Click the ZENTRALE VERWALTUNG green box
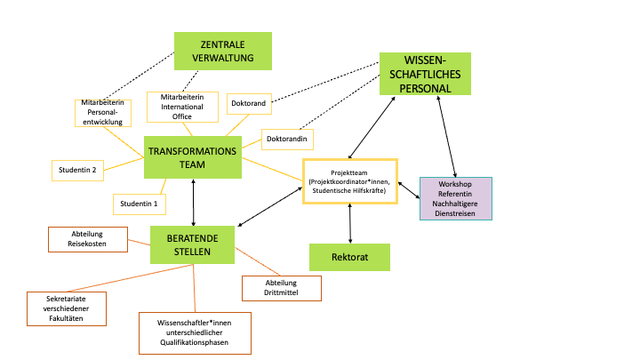(x=222, y=51)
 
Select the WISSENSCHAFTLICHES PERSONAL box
(x=425, y=74)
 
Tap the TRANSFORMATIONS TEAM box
(x=193, y=158)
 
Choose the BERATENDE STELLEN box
(x=192, y=244)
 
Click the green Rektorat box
(x=349, y=257)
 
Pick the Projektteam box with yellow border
(x=349, y=181)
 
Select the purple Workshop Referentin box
(x=456, y=198)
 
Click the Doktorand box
(x=249, y=104)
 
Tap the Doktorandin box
(x=287, y=140)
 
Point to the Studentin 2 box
(x=77, y=168)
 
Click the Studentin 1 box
(x=140, y=204)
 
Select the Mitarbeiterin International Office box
(x=182, y=106)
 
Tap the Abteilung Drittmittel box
(x=281, y=288)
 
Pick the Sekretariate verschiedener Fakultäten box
(x=67, y=308)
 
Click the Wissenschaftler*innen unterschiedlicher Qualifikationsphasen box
(x=196, y=332)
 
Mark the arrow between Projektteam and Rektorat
(x=351, y=223)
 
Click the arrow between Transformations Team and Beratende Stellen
(x=194, y=201)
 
